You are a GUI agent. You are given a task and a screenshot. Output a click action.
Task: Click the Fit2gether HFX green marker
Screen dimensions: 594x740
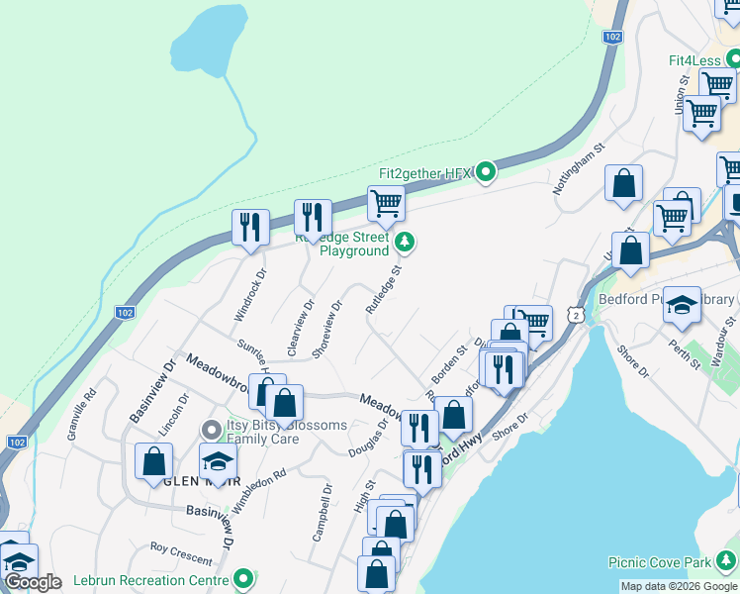(486, 173)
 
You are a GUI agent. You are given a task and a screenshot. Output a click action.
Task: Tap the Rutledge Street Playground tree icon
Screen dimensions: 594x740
(404, 242)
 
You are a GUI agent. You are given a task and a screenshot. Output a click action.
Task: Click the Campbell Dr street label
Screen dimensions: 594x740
(322, 512)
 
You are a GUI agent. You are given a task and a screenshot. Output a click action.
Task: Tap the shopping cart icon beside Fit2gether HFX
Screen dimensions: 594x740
(386, 205)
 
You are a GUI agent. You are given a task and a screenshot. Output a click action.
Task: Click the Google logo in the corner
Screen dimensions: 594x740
(32, 582)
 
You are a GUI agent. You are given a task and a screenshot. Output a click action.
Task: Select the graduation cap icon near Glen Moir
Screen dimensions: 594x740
(219, 460)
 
